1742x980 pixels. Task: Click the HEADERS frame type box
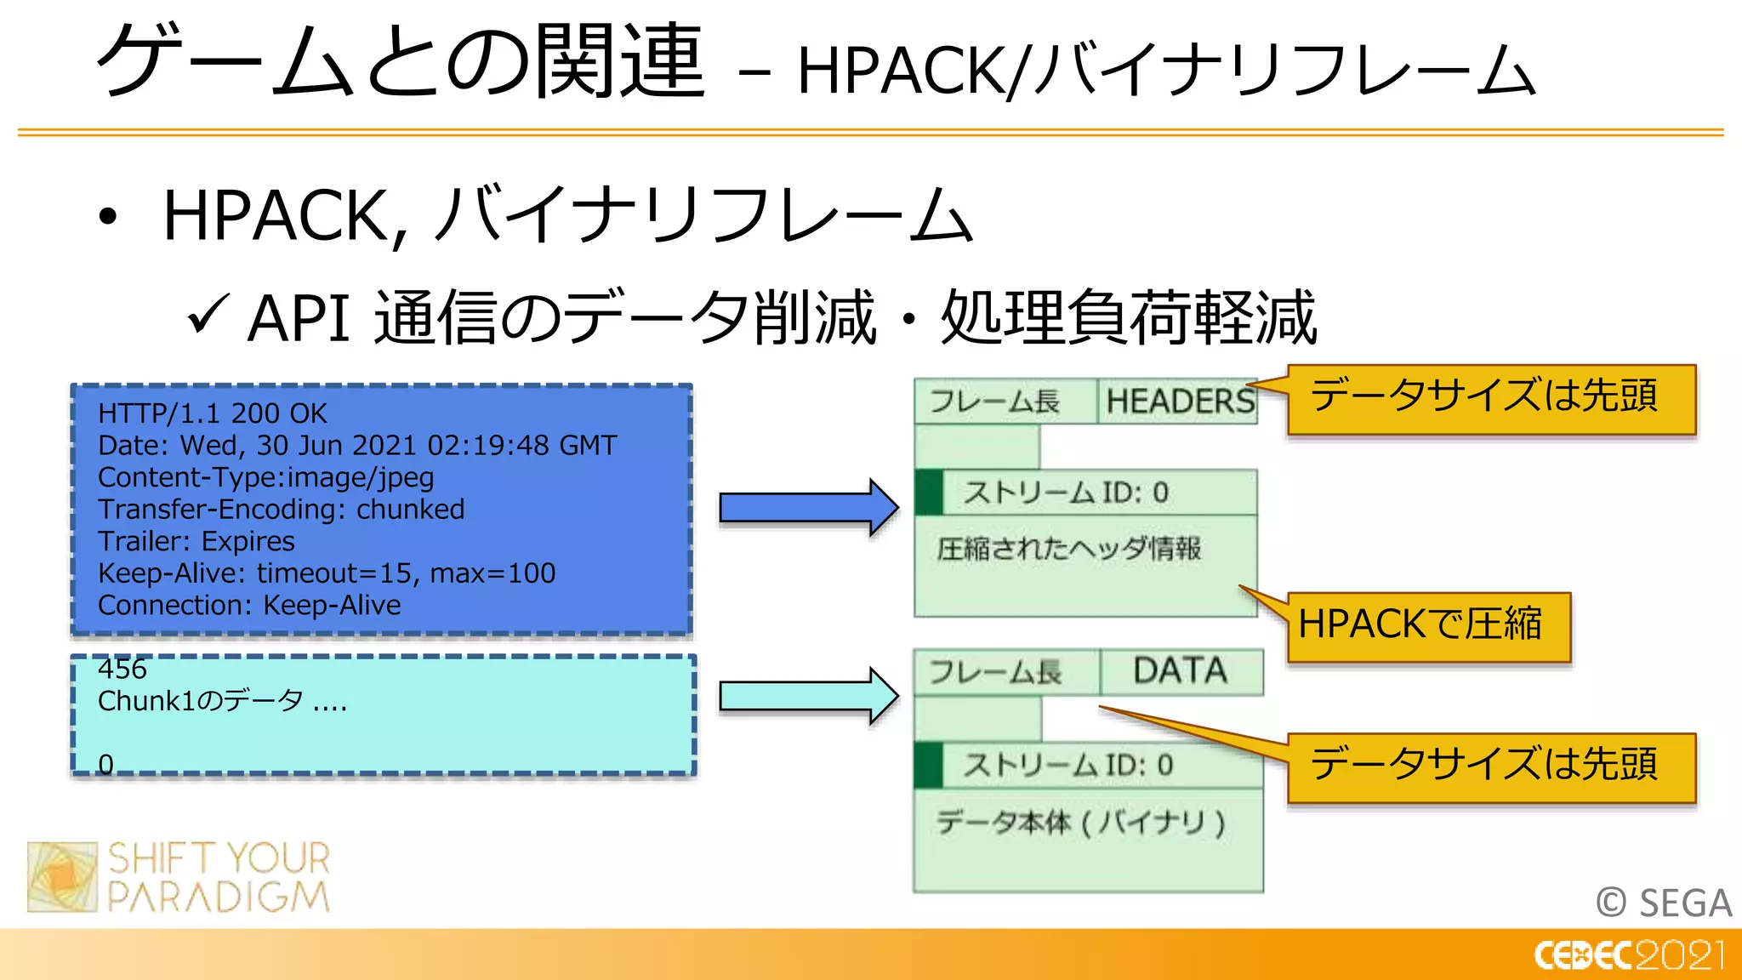click(x=1179, y=401)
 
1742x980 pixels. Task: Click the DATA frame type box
click(x=1181, y=672)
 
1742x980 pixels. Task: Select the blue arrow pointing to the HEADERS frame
click(x=806, y=508)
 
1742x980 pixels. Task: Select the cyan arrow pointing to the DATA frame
click(x=806, y=696)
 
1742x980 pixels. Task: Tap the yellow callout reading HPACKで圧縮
click(x=1427, y=625)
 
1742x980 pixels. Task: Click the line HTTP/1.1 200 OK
click(x=212, y=413)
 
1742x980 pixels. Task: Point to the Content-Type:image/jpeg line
click(x=265, y=477)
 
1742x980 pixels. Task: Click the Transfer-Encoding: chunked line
click(x=281, y=510)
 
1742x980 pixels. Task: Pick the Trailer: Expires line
click(x=196, y=541)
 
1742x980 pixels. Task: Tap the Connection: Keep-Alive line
click(x=248, y=605)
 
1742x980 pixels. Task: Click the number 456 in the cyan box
click(x=122, y=669)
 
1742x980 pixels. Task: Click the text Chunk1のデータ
click(x=201, y=701)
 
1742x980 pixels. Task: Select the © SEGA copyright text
click(x=1663, y=903)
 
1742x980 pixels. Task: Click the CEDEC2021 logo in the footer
click(x=1628, y=955)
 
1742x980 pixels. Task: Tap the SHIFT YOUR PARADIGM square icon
click(x=62, y=877)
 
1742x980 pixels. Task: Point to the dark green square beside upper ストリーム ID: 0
click(x=929, y=493)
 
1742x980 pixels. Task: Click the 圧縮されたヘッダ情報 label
click(x=1068, y=549)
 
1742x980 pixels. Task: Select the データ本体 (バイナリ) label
click(x=1080, y=823)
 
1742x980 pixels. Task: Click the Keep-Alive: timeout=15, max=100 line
click(x=327, y=573)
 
